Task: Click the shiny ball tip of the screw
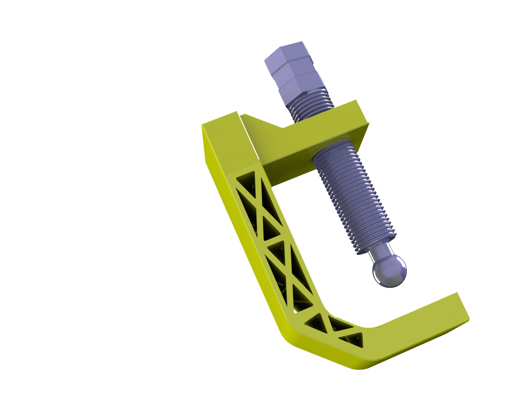tap(390, 270)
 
